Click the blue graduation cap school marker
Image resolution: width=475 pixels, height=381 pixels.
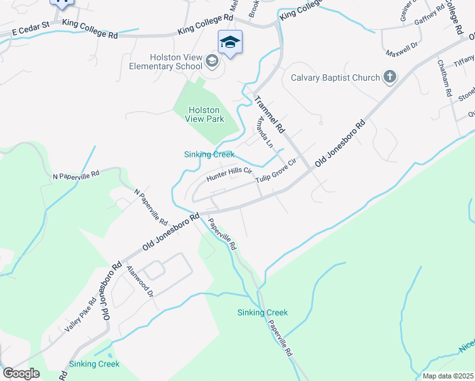(230, 43)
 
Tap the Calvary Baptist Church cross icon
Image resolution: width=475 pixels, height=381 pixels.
(390, 77)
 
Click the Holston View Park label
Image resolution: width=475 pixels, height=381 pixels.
(203, 114)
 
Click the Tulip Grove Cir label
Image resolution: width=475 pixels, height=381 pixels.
(276, 171)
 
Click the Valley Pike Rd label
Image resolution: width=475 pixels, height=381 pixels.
(79, 318)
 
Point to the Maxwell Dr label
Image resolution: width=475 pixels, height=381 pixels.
(405, 46)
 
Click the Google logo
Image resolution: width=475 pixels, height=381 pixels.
(21, 373)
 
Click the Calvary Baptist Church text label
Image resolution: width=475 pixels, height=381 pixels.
(335, 78)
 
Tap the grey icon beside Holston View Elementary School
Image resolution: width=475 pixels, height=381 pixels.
(212, 62)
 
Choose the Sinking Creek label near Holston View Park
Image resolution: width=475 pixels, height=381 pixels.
(209, 154)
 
